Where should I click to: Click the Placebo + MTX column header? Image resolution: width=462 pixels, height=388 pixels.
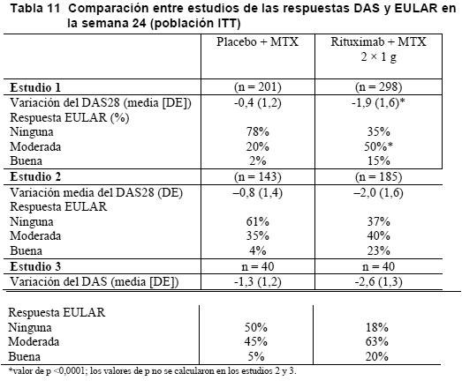click(x=258, y=41)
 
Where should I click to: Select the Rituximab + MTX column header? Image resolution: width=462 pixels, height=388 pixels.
click(x=378, y=48)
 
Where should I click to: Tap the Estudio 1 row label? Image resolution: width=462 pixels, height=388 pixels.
click(x=35, y=87)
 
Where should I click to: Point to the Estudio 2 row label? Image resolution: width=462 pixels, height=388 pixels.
click(x=35, y=176)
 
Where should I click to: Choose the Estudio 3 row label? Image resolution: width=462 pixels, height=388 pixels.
click(x=35, y=266)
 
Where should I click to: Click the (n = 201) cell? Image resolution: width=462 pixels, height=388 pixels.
click(x=258, y=87)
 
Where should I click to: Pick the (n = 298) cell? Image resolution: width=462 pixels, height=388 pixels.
click(x=378, y=87)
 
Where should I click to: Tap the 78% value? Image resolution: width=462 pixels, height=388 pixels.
click(x=258, y=131)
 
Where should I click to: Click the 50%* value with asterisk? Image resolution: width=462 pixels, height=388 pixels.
click(x=378, y=146)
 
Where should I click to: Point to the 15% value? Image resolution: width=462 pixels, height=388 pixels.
click(x=378, y=160)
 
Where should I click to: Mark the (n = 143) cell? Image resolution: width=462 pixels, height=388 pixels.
click(x=258, y=176)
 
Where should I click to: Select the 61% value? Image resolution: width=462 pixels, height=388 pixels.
click(x=258, y=221)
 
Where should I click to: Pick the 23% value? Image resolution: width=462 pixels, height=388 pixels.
click(x=378, y=250)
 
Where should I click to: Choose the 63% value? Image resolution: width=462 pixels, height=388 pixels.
click(x=377, y=341)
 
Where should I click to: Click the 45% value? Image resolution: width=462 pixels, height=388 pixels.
click(x=256, y=341)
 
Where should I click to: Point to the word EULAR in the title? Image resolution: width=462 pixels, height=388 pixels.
click(x=416, y=9)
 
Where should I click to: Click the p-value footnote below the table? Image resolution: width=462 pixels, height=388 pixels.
click(x=152, y=371)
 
